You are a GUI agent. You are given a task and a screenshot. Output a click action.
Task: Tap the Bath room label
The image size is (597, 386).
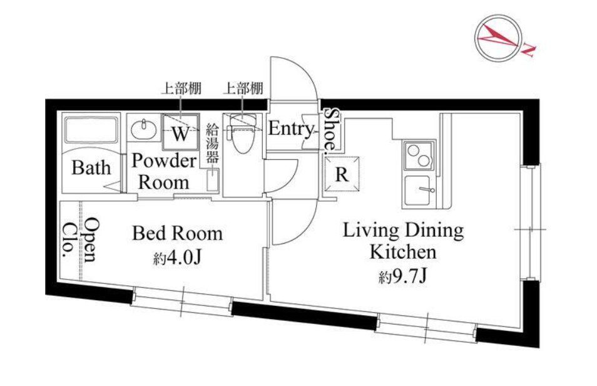[91, 168]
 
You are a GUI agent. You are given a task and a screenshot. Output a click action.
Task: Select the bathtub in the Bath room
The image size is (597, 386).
[91, 132]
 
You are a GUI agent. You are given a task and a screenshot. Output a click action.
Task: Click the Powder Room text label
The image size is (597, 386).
[163, 172]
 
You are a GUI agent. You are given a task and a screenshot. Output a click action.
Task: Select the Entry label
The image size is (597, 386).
[290, 129]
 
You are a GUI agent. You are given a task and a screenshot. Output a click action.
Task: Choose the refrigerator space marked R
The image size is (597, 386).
[341, 175]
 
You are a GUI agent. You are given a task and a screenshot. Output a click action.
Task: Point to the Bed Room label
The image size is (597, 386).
[177, 234]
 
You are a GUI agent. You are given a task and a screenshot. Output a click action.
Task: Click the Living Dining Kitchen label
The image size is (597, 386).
[402, 241]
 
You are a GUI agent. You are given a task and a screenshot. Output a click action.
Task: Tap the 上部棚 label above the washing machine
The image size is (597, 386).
[181, 88]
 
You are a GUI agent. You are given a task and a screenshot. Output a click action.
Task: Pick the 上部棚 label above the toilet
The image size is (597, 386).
[242, 88]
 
